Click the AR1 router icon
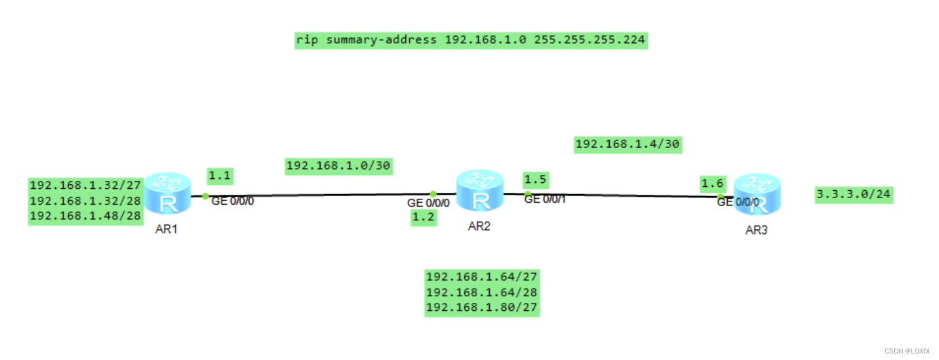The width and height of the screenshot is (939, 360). pyautogui.click(x=167, y=193)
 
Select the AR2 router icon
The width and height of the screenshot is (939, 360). pyautogui.click(x=479, y=191)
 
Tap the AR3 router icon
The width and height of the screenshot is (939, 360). pyautogui.click(x=756, y=195)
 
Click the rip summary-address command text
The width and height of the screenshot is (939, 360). pyautogui.click(x=470, y=40)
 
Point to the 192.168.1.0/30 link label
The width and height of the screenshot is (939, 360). pyautogui.click(x=338, y=166)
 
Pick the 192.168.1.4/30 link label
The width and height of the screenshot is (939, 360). pyautogui.click(x=627, y=144)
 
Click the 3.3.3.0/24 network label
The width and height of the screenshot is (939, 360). pyautogui.click(x=854, y=194)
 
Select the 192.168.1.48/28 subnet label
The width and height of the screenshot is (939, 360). pyautogui.click(x=85, y=216)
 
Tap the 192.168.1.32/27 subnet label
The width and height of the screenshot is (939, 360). pyautogui.click(x=85, y=185)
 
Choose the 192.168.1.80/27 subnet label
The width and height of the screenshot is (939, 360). pyautogui.click(x=482, y=308)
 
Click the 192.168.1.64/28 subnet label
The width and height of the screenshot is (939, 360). pyautogui.click(x=482, y=292)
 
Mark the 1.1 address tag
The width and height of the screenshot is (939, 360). pyautogui.click(x=220, y=175)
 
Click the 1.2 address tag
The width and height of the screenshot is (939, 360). pyautogui.click(x=424, y=218)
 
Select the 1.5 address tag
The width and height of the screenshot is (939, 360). pyautogui.click(x=536, y=180)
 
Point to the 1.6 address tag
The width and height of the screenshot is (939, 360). pyautogui.click(x=712, y=183)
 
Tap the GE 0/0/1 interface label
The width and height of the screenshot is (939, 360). pyautogui.click(x=545, y=199)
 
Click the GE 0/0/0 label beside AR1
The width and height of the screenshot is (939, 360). pyautogui.click(x=232, y=201)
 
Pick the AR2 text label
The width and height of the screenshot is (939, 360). pyautogui.click(x=479, y=227)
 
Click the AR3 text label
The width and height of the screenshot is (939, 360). pyautogui.click(x=756, y=231)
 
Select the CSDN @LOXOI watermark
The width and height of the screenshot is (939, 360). pyautogui.click(x=907, y=351)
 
